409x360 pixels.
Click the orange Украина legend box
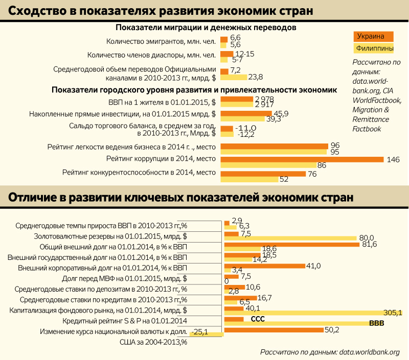tap(373, 37)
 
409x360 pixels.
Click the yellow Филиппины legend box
tap(373, 49)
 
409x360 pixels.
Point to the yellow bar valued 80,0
tap(290, 238)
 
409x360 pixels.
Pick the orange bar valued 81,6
tap(291, 245)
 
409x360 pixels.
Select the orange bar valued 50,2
tap(274, 330)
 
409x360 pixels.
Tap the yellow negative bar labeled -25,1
tap(207, 334)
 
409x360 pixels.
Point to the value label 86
tap(322, 165)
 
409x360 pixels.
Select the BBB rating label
tap(377, 323)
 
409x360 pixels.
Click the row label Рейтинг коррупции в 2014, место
tap(161, 159)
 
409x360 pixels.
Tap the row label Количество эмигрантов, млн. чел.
tap(161, 41)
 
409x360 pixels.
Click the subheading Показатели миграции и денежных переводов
tap(206, 27)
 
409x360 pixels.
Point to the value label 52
tap(284, 179)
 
